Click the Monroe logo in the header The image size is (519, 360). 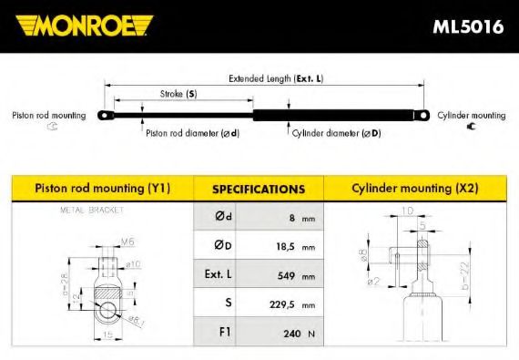[83, 25]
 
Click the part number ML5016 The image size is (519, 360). [468, 26]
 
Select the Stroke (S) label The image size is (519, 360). [178, 94]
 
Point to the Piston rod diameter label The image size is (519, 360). [192, 133]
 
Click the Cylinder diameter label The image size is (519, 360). [336, 133]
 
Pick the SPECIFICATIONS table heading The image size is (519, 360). [258, 190]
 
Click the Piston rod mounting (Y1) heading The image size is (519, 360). [102, 189]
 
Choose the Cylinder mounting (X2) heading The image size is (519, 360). [414, 189]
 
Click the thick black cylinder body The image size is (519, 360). [341, 115]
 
